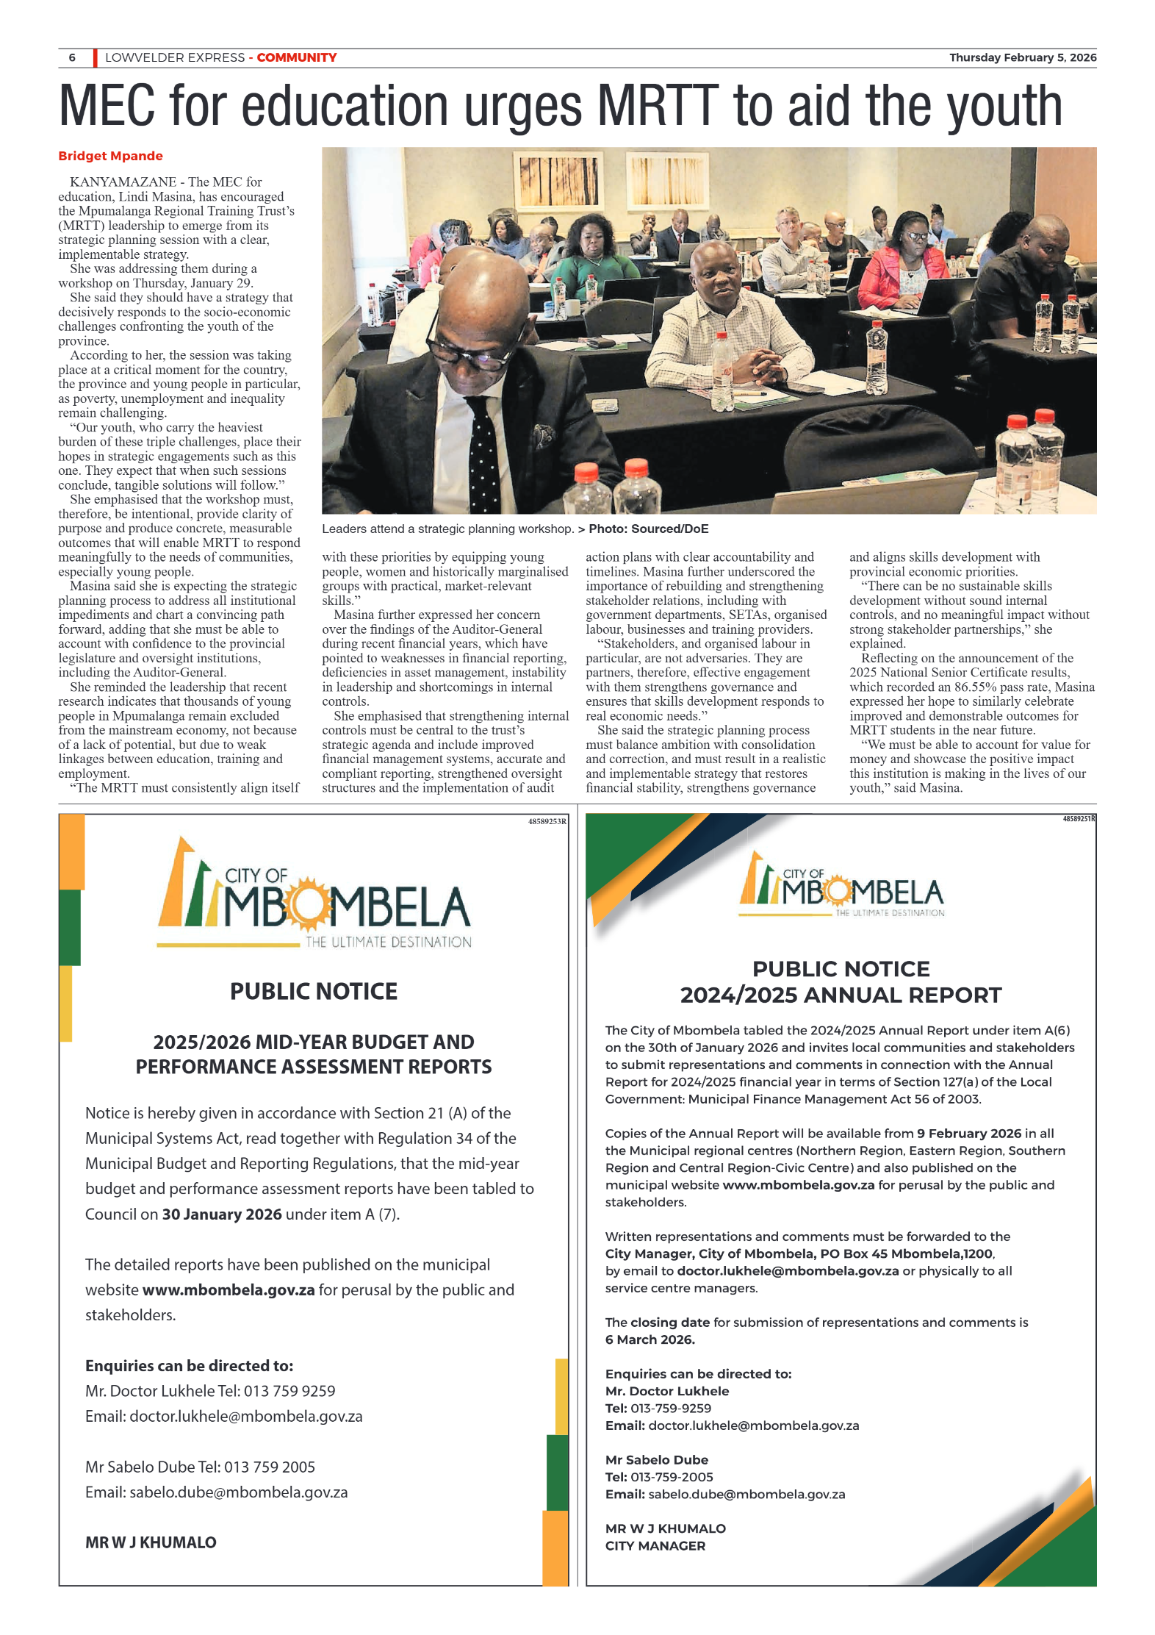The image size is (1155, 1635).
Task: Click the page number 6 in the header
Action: point(72,57)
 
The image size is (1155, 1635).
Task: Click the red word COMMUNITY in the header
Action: point(296,57)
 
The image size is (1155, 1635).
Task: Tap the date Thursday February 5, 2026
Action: point(1022,57)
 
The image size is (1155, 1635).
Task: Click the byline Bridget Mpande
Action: point(110,156)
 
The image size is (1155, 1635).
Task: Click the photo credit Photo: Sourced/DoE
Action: point(648,529)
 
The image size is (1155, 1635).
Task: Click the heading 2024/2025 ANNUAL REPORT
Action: point(841,995)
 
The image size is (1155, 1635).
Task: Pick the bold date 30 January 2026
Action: point(222,1214)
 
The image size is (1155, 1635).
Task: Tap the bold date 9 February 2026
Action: point(969,1133)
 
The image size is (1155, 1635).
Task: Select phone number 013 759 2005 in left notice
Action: point(270,1467)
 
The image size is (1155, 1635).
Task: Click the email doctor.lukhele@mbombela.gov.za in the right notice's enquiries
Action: point(753,1425)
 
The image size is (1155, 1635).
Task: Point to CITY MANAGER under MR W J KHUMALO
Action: point(655,1545)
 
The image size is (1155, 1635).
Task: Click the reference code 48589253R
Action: point(547,821)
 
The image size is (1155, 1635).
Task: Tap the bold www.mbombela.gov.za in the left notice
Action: point(229,1289)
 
